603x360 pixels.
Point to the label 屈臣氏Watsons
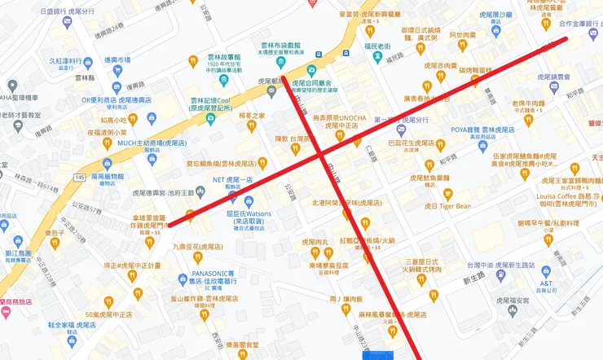point(243,213)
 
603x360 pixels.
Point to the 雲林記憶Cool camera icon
point(211,117)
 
